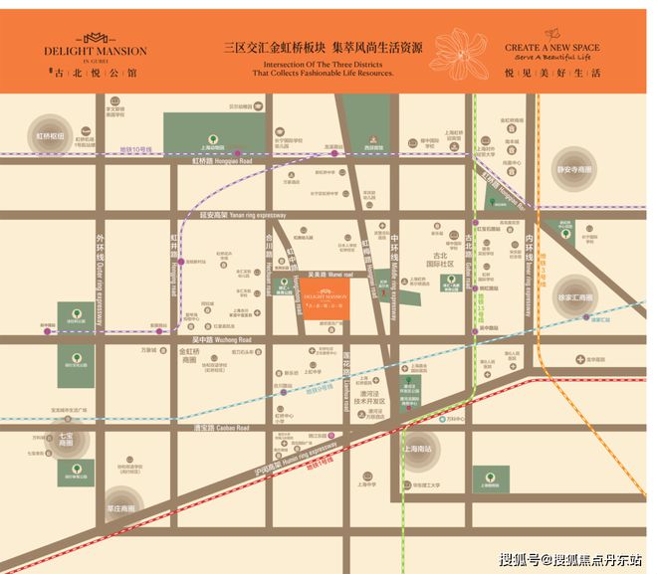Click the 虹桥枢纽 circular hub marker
(50, 136)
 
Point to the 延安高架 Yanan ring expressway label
(242, 215)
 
